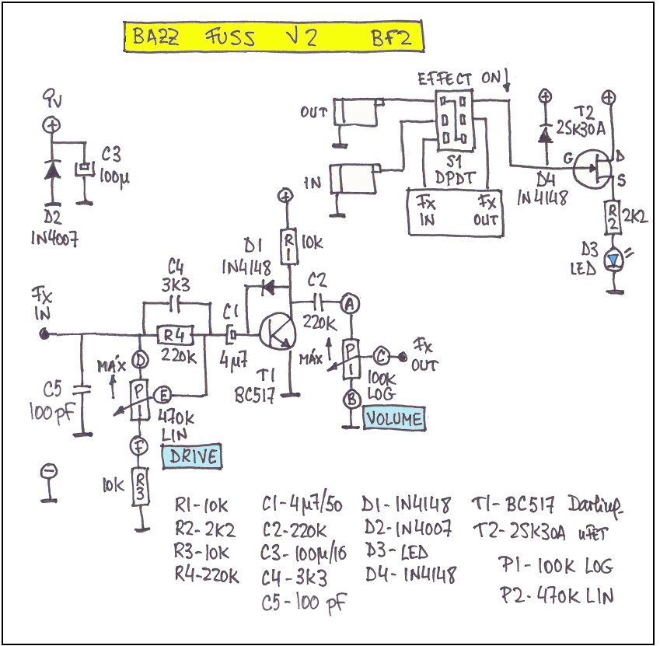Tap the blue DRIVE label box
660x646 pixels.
tap(190, 456)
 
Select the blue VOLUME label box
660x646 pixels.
tap(395, 419)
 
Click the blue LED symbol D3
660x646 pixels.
tap(616, 262)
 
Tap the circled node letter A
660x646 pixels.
tap(351, 305)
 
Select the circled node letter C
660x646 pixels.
tap(382, 357)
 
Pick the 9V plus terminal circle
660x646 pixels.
tap(52, 124)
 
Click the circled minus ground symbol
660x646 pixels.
tap(48, 471)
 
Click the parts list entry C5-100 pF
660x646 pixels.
tap(304, 602)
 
